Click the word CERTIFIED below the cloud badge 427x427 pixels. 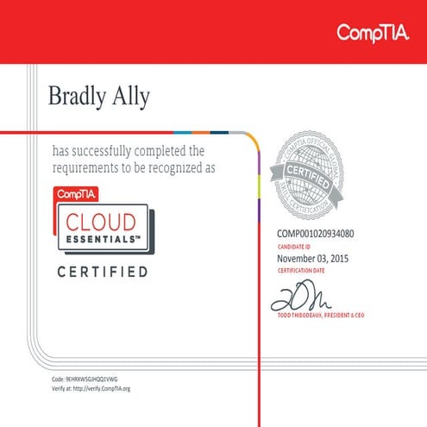[102, 273]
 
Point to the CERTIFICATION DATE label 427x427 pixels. [299, 270]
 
